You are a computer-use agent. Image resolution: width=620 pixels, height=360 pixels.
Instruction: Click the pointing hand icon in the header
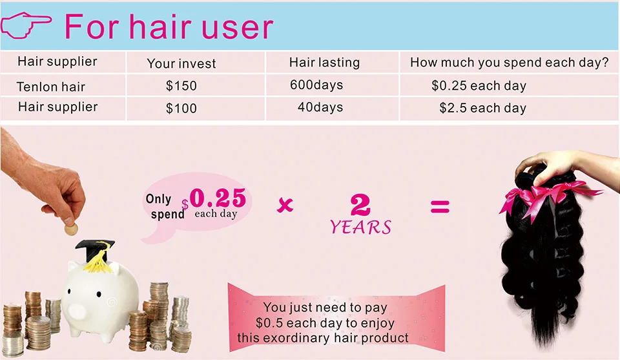26,25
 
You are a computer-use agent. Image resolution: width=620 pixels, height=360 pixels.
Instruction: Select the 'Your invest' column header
181,63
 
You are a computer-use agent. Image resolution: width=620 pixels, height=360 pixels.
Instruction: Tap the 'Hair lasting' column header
324,63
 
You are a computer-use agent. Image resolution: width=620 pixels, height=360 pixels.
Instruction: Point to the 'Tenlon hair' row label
50,87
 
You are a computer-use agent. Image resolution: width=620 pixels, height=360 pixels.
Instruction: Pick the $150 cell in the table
181,85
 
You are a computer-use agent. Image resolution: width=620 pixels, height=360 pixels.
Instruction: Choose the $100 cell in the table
181,108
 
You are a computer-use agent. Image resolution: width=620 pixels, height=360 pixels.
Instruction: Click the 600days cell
316,85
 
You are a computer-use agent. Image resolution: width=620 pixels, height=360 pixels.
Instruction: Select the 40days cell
320,107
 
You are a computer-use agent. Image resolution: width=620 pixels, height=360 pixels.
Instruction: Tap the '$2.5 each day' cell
483,108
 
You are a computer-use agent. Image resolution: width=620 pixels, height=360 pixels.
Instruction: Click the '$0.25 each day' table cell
479,85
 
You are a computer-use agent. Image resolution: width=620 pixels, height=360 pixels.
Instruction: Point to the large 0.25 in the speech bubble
218,197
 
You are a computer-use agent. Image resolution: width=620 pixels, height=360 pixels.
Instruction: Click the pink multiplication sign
285,205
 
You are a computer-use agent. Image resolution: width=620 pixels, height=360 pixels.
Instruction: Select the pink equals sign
440,207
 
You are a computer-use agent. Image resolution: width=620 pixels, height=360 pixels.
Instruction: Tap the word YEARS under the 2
360,227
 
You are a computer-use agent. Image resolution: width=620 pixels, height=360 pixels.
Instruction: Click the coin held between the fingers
71,229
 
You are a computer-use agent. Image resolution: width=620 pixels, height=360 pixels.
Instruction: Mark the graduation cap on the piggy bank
96,253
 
